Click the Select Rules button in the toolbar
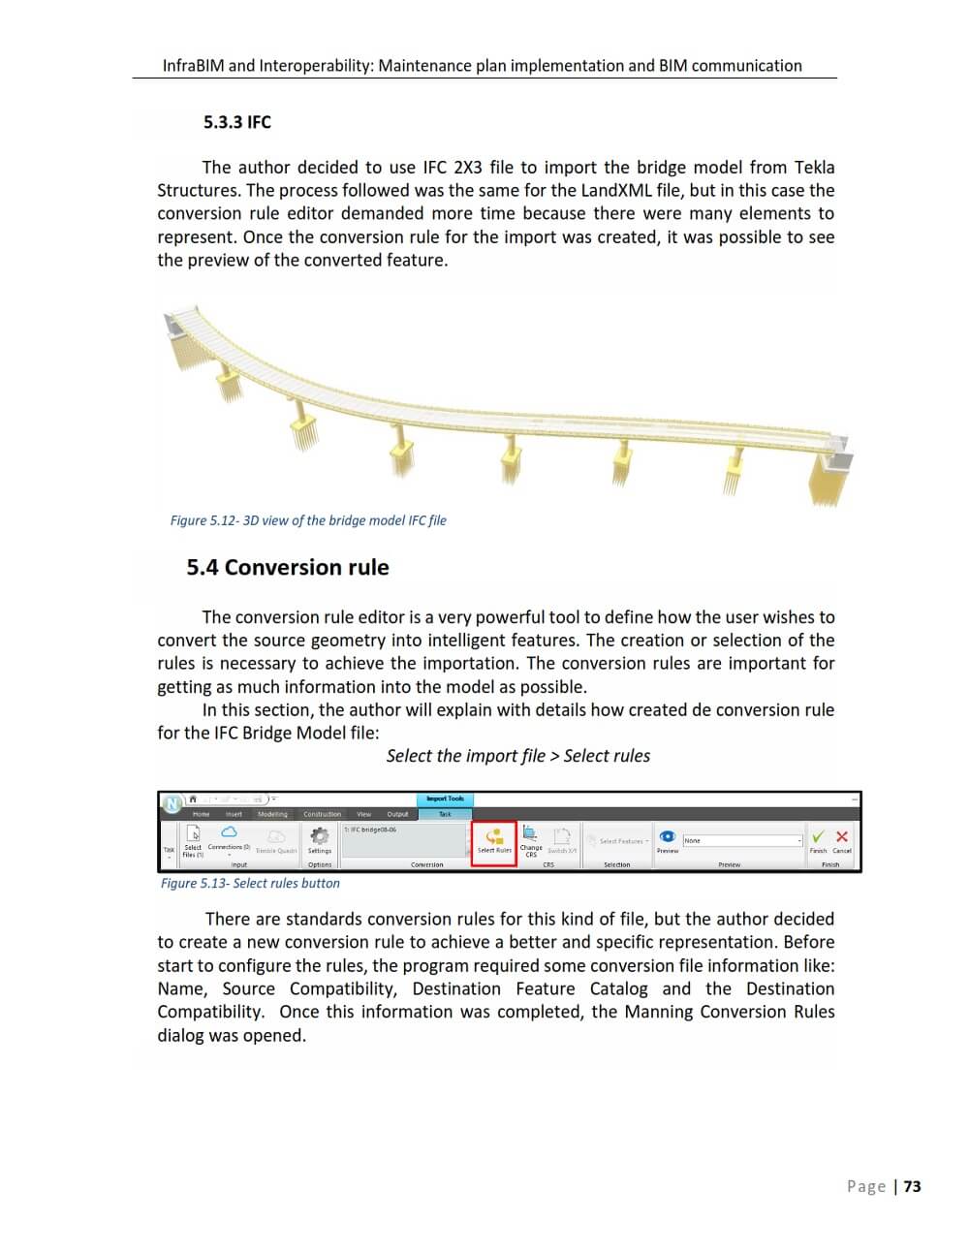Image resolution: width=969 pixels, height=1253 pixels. [x=494, y=841]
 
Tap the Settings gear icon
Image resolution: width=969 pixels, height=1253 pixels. [x=319, y=836]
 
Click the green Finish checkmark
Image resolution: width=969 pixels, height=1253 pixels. [x=819, y=836]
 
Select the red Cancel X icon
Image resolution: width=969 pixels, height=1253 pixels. [x=841, y=836]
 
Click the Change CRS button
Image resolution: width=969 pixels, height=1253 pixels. [x=531, y=839]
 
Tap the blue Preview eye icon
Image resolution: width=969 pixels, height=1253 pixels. [x=668, y=836]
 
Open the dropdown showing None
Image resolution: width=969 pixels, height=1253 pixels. [x=743, y=840]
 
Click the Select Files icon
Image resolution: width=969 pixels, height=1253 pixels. [x=193, y=834]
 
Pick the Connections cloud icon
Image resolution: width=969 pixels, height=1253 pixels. [x=229, y=832]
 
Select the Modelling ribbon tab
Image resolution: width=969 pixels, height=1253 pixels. [x=272, y=814]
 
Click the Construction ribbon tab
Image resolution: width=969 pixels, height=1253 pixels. [x=322, y=814]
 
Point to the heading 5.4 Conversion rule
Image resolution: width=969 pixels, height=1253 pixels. [x=288, y=567]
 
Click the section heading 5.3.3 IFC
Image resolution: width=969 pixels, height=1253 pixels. [x=237, y=122]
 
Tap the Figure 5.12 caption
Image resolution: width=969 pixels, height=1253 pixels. [x=308, y=520]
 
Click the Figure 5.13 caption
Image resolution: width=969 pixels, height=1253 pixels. [x=250, y=883]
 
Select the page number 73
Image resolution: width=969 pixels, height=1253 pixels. [x=913, y=1186]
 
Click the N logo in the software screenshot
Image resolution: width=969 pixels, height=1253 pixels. [x=172, y=803]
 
